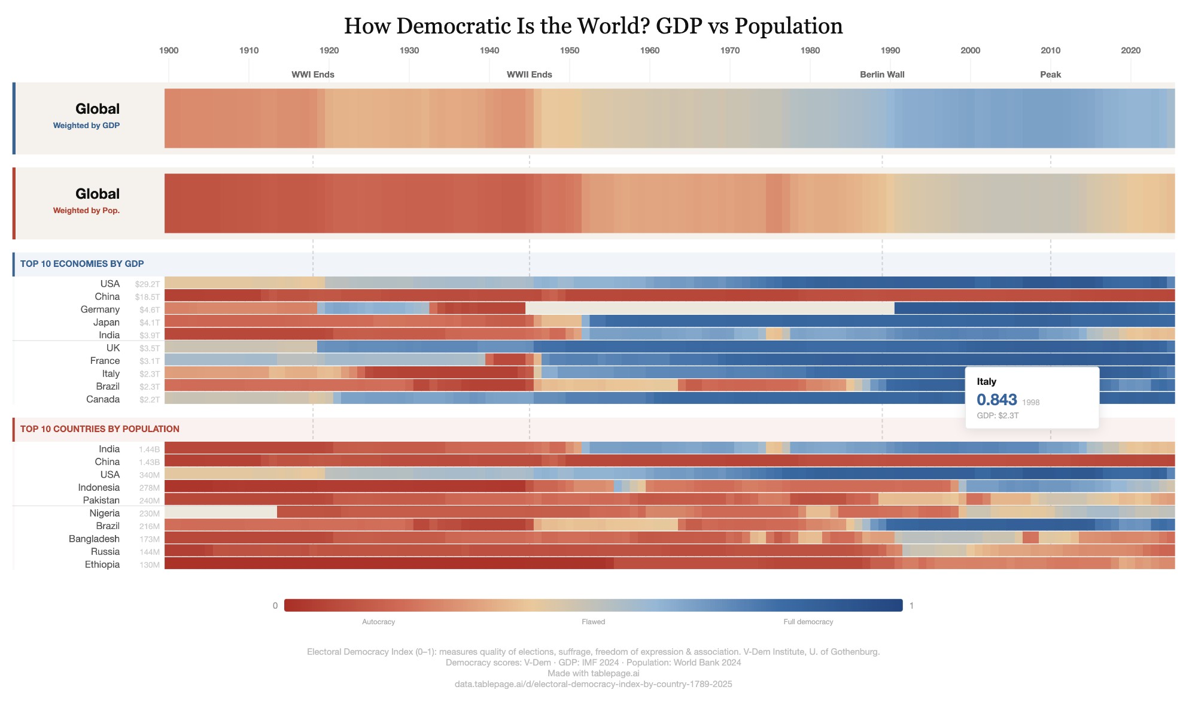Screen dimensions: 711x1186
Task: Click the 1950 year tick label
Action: pyautogui.click(x=569, y=50)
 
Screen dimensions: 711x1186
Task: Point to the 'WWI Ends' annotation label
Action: pyautogui.click(x=312, y=75)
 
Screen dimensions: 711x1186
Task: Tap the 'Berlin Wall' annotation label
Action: pyautogui.click(x=881, y=75)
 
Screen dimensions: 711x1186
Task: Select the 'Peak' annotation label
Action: pyautogui.click(x=1050, y=75)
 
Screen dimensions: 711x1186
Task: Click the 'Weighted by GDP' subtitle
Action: pyautogui.click(x=86, y=126)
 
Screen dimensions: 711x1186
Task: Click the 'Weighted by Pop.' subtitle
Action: pyautogui.click(x=86, y=211)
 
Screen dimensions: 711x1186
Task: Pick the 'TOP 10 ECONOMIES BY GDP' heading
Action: pyautogui.click(x=82, y=264)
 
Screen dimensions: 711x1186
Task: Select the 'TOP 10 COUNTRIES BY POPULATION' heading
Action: pyautogui.click(x=99, y=429)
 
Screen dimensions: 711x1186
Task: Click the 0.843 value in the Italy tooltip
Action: pyautogui.click(x=996, y=400)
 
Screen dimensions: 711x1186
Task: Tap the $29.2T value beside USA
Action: pyautogui.click(x=147, y=284)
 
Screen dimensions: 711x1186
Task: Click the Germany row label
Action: pyautogui.click(x=100, y=309)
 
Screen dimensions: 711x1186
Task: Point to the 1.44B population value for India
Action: pyautogui.click(x=149, y=449)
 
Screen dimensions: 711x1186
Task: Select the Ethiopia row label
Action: pyautogui.click(x=102, y=564)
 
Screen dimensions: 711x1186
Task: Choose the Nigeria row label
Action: pyautogui.click(x=104, y=513)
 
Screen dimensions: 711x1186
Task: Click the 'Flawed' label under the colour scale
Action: pyautogui.click(x=593, y=622)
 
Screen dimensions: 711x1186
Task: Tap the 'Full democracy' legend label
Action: pyautogui.click(x=808, y=622)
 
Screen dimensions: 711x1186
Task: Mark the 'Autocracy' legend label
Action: pyautogui.click(x=378, y=622)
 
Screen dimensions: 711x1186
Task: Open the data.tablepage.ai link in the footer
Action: pyautogui.click(x=593, y=684)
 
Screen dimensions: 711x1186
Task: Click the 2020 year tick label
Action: pyautogui.click(x=1130, y=50)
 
